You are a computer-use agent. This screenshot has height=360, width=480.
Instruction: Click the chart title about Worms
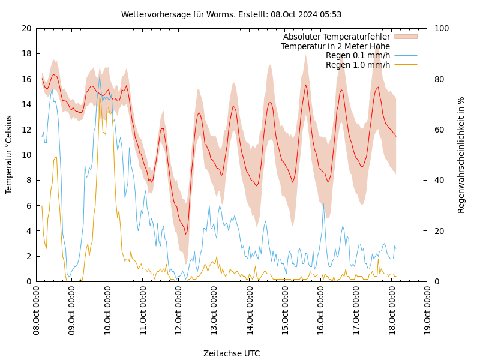231,14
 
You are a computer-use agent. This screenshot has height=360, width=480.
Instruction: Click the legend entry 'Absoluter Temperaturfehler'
336,37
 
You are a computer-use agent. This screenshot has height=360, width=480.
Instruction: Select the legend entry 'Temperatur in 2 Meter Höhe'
335,46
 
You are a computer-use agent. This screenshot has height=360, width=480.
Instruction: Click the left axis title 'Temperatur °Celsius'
9,155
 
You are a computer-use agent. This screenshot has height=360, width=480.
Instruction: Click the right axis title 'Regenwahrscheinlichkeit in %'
461,155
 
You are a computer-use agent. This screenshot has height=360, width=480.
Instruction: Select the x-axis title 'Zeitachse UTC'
232,353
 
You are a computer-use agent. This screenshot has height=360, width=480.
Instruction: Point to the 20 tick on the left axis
26,28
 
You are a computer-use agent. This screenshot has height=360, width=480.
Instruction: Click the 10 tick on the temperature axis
26,155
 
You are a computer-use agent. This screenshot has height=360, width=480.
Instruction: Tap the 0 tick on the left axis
29,281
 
